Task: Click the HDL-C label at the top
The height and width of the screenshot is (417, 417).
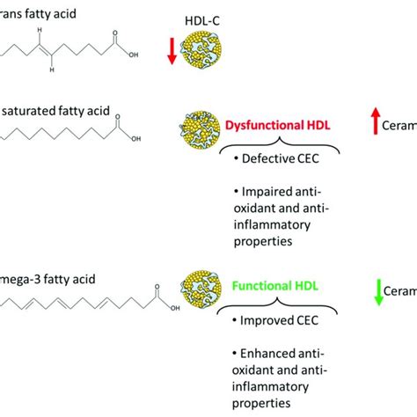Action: pyautogui.click(x=204, y=20)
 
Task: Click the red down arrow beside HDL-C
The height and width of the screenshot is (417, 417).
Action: pyautogui.click(x=172, y=52)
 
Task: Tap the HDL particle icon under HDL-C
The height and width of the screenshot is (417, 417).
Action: pyautogui.click(x=205, y=54)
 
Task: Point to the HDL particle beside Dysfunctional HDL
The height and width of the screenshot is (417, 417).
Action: pyautogui.click(x=198, y=125)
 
